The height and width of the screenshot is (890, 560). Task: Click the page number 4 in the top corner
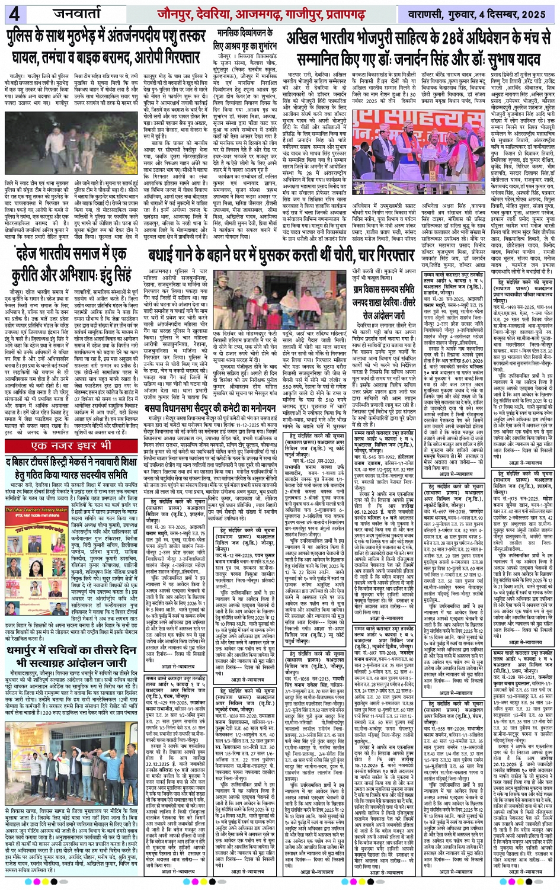pos(14,14)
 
